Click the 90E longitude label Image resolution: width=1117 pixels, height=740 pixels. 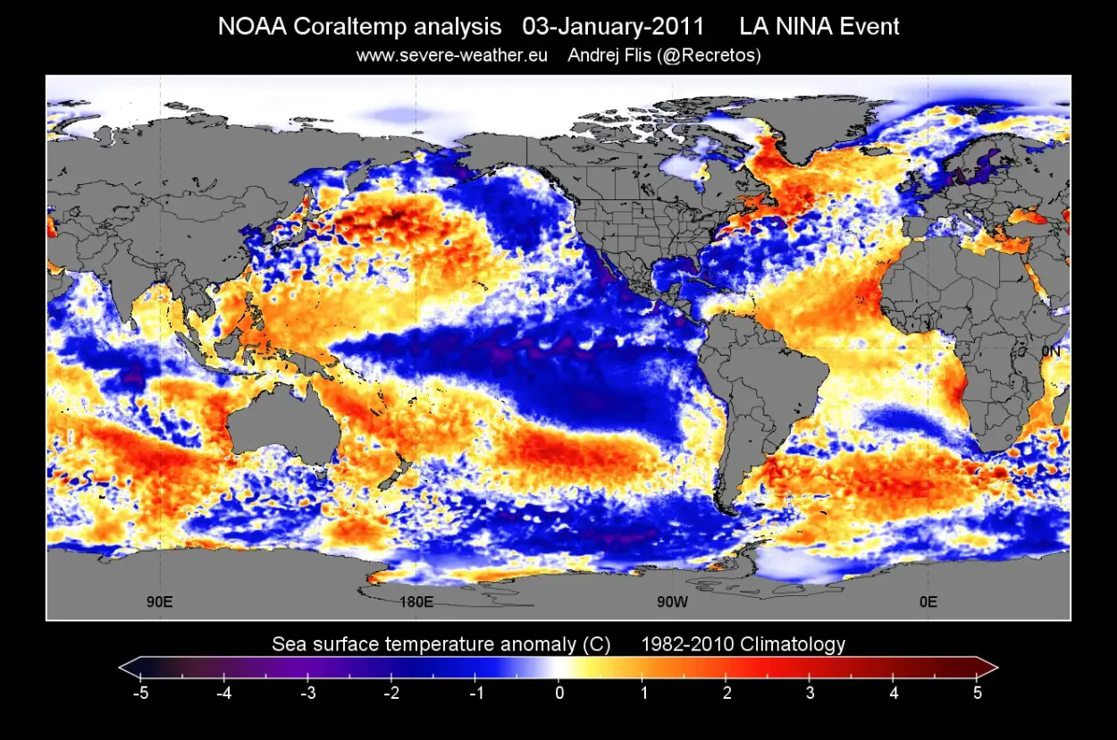tap(160, 601)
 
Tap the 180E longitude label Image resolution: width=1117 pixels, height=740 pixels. tap(416, 601)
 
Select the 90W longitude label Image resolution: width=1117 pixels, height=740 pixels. tap(672, 601)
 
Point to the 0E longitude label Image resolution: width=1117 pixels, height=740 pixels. tap(928, 601)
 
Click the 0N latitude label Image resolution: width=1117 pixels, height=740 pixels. tap(1051, 351)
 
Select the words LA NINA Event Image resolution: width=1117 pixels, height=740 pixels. tap(813, 26)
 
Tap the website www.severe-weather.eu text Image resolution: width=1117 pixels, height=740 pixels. tap(452, 55)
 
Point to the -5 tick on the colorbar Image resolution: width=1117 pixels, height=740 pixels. tap(140, 692)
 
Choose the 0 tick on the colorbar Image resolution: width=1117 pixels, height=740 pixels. tap(558, 692)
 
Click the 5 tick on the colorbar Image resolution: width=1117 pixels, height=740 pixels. tap(977, 692)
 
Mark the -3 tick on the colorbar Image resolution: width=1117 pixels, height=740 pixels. tap(307, 692)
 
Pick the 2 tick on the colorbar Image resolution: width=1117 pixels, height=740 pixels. tap(726, 692)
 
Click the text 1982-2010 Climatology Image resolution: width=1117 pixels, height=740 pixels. tap(743, 643)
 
